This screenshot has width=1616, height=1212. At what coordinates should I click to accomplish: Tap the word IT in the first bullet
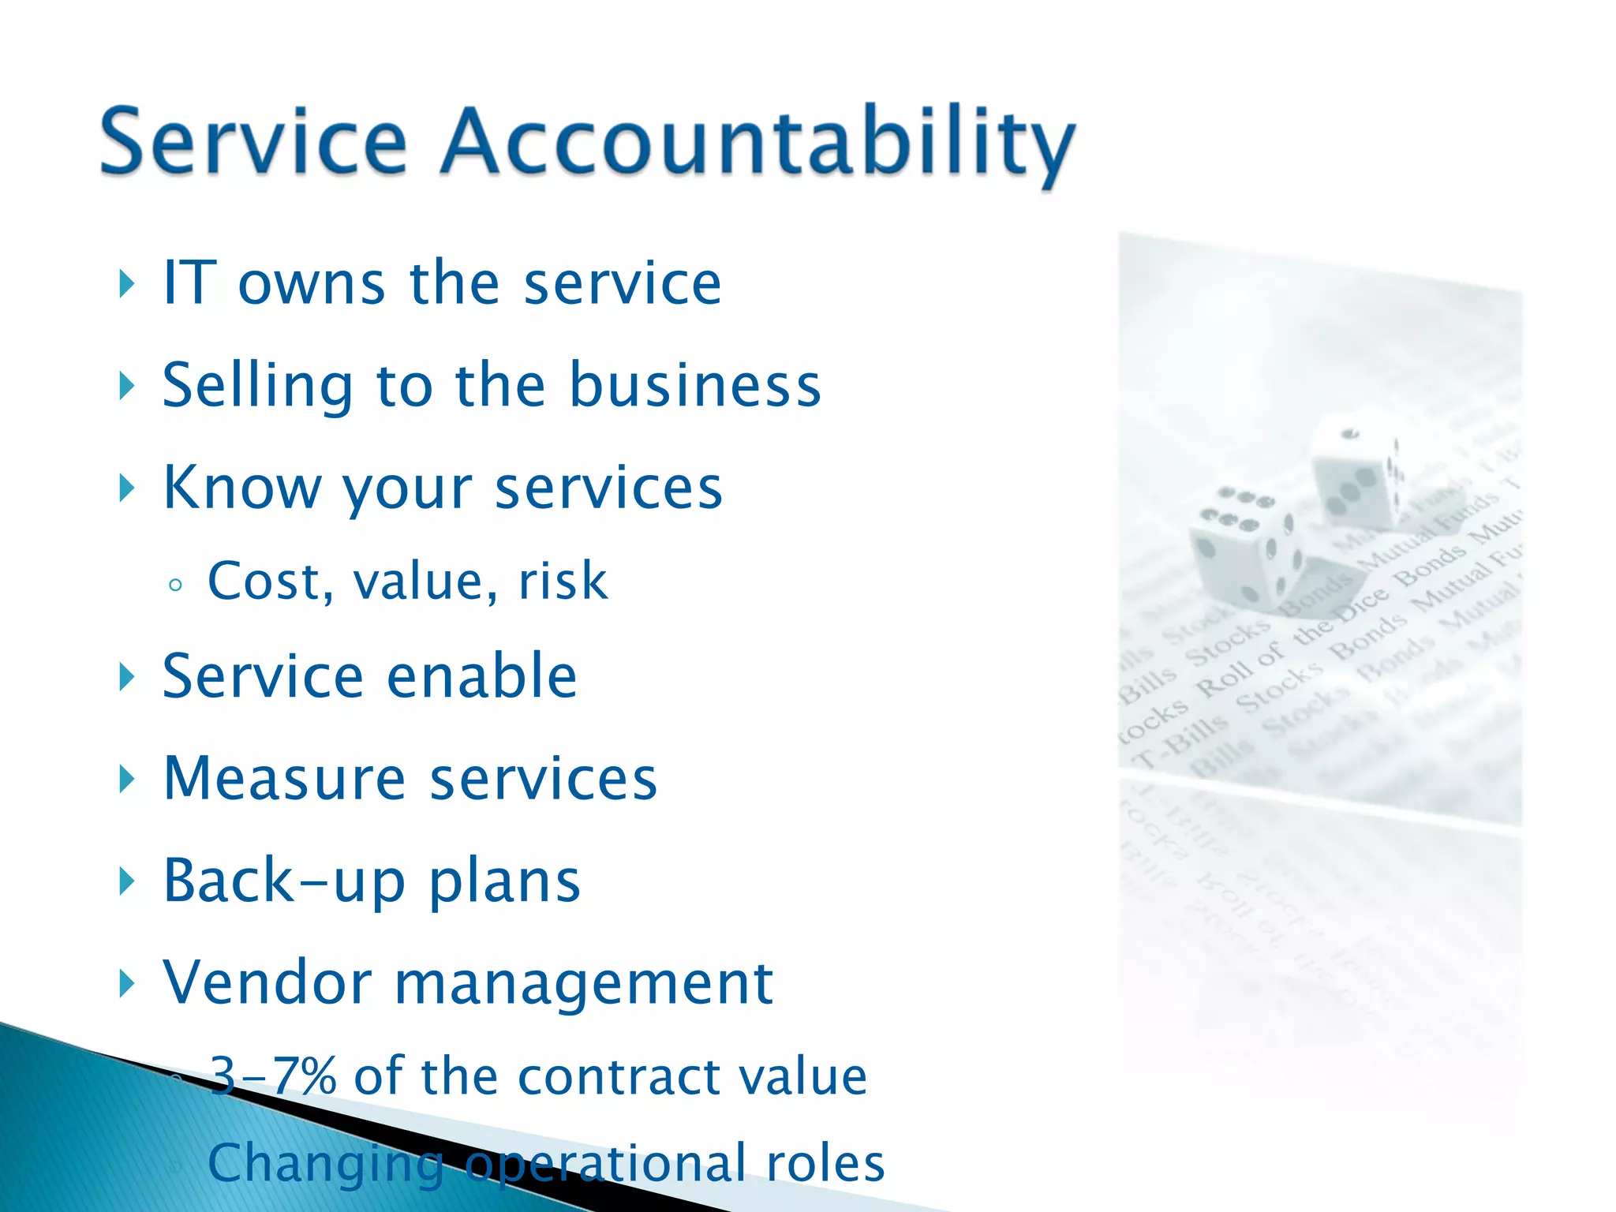(189, 282)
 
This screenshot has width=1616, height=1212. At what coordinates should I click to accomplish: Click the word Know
(241, 488)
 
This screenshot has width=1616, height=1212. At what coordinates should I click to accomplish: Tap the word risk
(563, 581)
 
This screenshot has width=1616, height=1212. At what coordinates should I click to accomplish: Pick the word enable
(482, 676)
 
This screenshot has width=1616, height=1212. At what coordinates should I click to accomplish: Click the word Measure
(285, 778)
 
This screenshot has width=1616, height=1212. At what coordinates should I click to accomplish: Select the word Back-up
(283, 881)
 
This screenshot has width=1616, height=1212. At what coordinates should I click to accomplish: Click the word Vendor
(267, 982)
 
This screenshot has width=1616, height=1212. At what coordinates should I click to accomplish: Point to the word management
(583, 984)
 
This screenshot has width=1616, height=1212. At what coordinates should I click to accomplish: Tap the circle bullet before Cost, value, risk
(176, 585)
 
